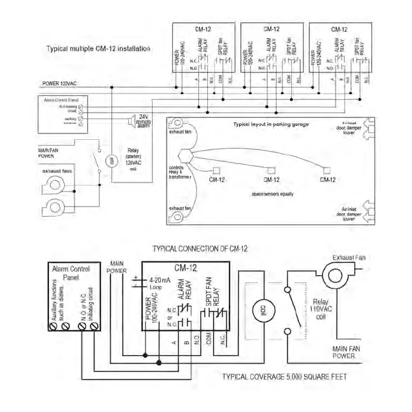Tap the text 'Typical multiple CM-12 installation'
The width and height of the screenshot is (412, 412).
(x=99, y=49)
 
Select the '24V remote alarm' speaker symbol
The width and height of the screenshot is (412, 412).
(x=133, y=120)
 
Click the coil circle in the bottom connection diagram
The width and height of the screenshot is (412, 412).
(x=259, y=312)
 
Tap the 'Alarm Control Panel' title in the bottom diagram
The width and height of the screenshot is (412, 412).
(x=70, y=274)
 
